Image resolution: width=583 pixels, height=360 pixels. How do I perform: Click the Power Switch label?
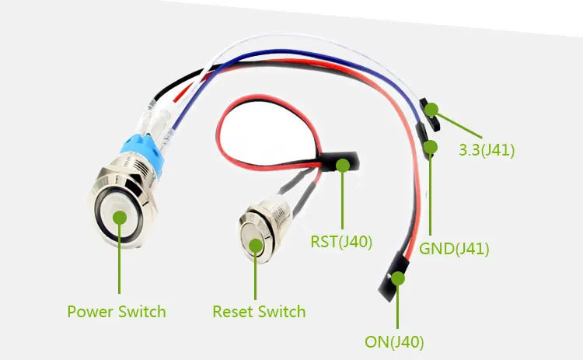[x=117, y=312]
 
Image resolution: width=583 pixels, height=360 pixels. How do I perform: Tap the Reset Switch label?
[x=259, y=312]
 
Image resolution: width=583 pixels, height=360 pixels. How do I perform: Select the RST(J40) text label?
[x=341, y=242]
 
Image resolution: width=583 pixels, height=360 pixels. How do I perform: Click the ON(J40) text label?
[x=394, y=340]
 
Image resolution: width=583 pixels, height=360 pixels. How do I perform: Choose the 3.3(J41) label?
[x=487, y=149]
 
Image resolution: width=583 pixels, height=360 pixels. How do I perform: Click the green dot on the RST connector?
[x=343, y=165]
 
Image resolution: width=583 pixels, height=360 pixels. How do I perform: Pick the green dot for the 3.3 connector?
[x=430, y=110]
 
